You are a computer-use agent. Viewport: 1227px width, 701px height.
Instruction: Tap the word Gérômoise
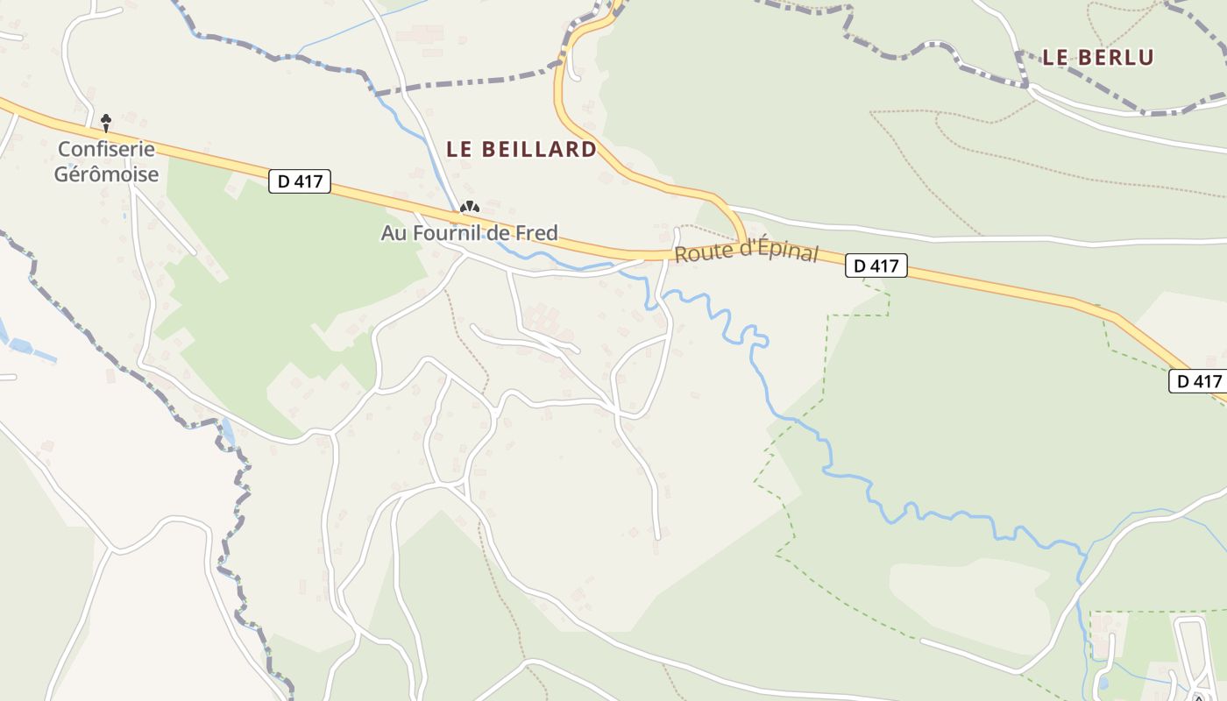tap(106, 173)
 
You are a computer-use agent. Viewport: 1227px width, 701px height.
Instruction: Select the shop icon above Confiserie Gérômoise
tap(106, 122)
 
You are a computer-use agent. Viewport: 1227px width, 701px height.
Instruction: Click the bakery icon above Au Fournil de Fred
tap(471, 208)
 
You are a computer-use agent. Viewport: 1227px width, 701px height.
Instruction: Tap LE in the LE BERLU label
tap(1053, 58)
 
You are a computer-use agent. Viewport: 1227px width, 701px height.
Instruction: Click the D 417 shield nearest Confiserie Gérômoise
tap(300, 182)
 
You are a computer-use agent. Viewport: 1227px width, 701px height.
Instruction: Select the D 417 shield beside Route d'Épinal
tap(876, 266)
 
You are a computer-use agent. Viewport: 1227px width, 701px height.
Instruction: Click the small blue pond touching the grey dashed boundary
tap(228, 431)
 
